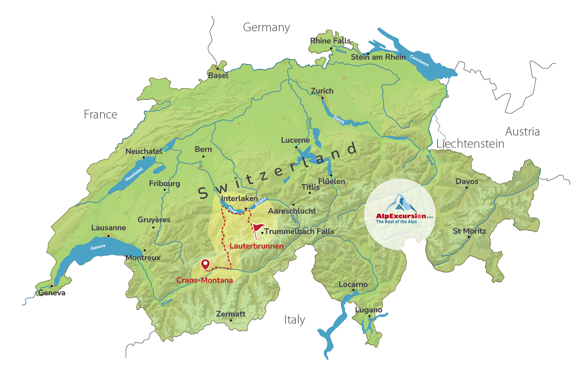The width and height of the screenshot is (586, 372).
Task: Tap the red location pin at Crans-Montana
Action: pos(205,264)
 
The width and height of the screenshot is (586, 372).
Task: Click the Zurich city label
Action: pos(322,91)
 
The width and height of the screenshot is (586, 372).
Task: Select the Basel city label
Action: pos(218,75)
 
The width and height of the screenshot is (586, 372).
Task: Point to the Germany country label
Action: pos(266,28)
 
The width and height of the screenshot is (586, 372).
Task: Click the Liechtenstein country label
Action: pos(470,144)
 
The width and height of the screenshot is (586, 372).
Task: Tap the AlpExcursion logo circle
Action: pos(400,214)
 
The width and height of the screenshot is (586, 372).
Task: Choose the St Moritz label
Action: pos(469,231)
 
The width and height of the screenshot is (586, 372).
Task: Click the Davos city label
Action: pos(467,181)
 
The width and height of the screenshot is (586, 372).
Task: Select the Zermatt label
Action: pos(230,314)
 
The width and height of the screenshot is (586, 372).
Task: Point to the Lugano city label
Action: pos(368,310)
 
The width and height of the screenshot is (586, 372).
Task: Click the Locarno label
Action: pos(353,284)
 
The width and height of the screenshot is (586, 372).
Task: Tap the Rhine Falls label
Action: pos(330,41)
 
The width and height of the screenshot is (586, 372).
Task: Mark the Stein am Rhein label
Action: pos(378,57)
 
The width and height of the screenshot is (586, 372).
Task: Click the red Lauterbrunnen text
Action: pos(256,246)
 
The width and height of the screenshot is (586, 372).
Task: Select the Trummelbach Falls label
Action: pos(299,231)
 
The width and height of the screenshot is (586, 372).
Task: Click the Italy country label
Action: pos(294,320)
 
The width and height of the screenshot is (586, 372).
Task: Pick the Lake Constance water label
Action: pos(419,60)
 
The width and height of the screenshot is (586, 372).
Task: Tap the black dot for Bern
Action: pos(203,156)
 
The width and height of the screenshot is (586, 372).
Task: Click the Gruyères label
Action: pos(154,220)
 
